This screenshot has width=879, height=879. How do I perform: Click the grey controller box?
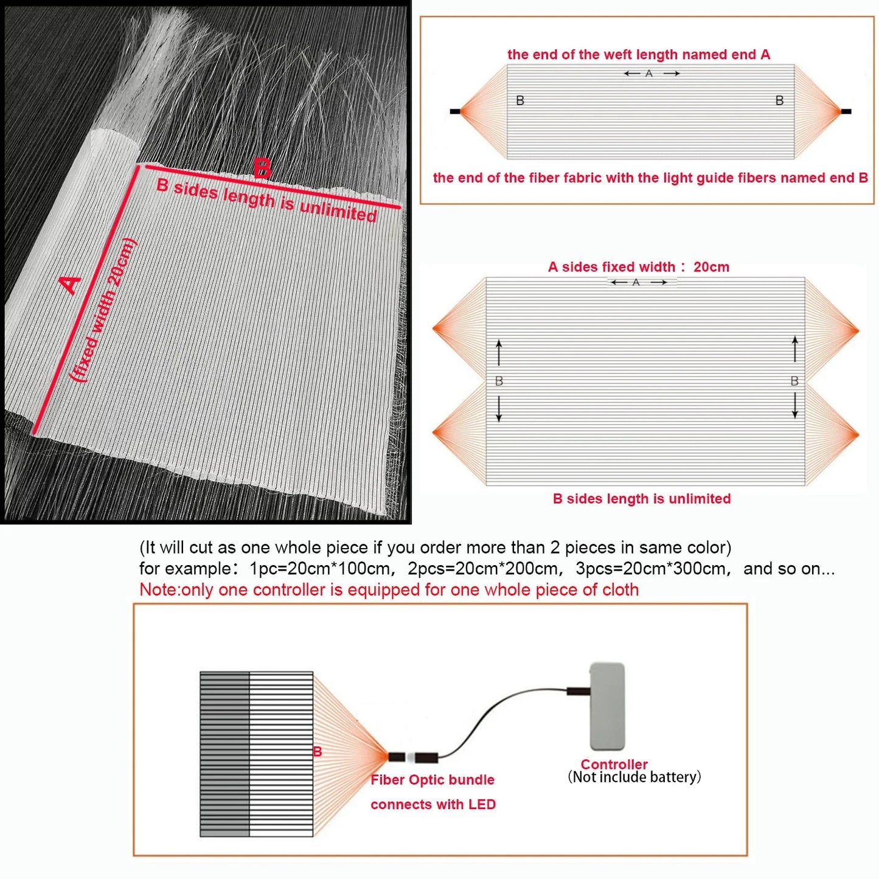pos(607,707)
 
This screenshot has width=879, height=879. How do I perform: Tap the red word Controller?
pos(614,764)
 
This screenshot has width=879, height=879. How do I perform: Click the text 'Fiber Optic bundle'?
pos(433,780)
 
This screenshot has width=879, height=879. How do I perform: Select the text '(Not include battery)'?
pos(634,777)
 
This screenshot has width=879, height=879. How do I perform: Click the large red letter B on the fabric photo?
pos(262,169)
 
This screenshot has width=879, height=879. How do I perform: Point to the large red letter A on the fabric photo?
pos(71,285)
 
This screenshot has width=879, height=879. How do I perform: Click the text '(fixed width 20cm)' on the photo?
pos(103,310)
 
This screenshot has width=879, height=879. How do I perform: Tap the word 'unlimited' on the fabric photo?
pos(338,209)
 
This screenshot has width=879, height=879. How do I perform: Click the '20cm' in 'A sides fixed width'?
pos(711,267)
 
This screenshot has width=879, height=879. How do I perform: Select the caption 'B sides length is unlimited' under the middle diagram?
pos(642,499)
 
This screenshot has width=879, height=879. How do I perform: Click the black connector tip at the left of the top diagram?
pos(455,111)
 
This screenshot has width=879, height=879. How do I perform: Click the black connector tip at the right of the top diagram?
pos(846,111)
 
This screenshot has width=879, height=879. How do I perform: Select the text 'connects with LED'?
pos(433,805)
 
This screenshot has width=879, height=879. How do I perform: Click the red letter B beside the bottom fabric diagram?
pos(317,752)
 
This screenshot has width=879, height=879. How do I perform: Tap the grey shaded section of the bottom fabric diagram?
pos(224,754)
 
